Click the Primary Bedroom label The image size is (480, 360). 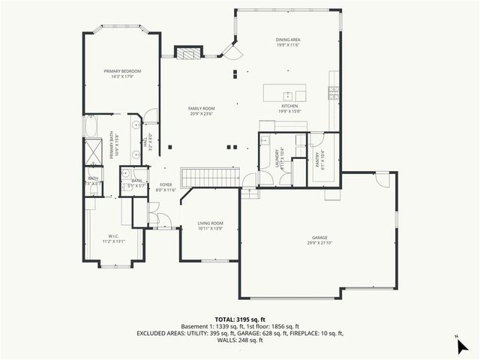122,70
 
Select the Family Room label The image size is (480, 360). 201,109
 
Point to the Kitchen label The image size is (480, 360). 289,106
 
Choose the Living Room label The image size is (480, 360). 210,223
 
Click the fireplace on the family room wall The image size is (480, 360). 188,52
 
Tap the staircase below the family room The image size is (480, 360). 211,177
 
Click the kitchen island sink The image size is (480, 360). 286,95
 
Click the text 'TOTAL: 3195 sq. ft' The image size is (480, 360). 239,318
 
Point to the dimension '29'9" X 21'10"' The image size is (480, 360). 319,243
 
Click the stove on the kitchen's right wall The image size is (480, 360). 333,93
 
